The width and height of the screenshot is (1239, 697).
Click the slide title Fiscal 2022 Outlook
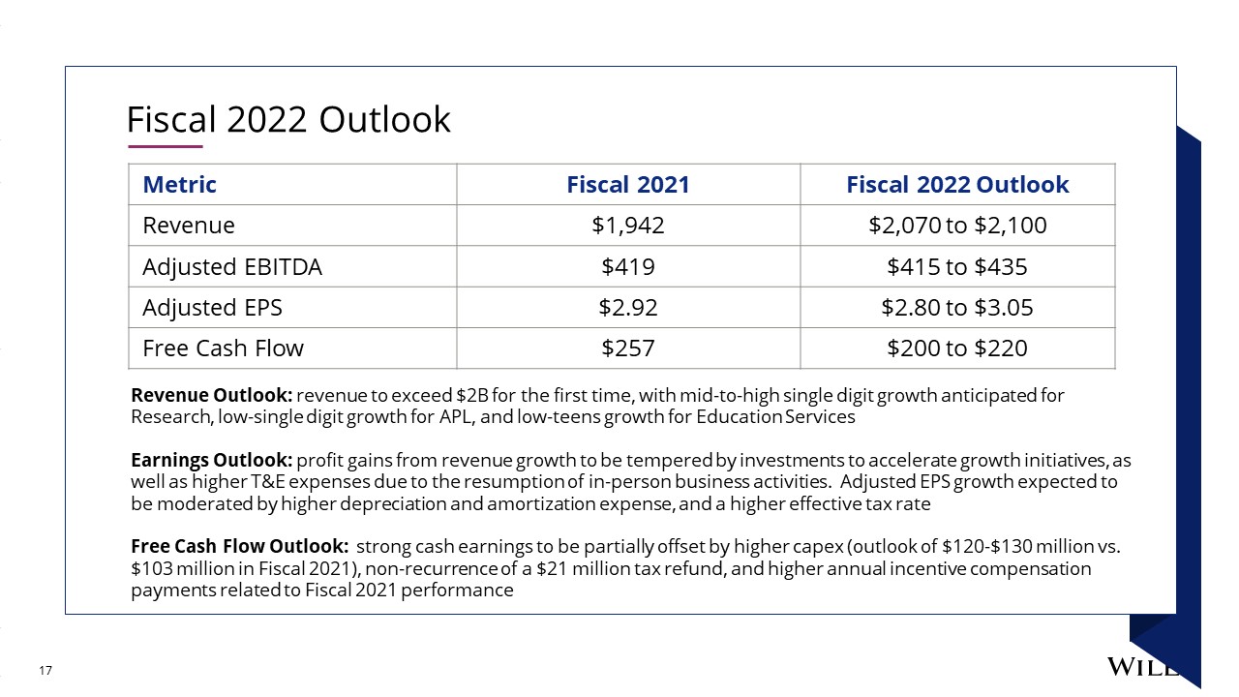tap(288, 119)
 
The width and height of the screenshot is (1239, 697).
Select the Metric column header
tap(179, 184)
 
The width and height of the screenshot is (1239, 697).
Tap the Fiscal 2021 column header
tap(628, 184)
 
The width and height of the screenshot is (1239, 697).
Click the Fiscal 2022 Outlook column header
tap(957, 184)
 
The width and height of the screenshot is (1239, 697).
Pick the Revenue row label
tap(189, 226)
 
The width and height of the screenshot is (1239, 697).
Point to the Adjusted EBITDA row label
tap(232, 266)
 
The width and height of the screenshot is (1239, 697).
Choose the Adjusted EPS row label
tap(212, 308)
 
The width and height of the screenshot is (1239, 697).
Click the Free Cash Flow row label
tap(223, 348)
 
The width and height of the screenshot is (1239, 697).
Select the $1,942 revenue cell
tap(628, 226)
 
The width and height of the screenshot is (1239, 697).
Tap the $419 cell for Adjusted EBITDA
tap(628, 266)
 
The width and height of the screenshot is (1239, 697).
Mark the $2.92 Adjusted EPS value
tap(628, 308)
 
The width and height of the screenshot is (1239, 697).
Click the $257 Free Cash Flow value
tap(628, 348)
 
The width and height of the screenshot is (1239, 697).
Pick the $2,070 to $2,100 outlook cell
tap(957, 226)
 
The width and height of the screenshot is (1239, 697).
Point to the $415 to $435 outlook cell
tap(957, 266)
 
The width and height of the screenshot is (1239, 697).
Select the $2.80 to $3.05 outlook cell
tap(957, 308)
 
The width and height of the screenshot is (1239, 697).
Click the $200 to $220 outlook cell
tap(957, 348)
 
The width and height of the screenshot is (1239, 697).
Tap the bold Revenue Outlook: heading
tap(211, 395)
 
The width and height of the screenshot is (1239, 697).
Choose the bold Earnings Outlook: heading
tap(211, 460)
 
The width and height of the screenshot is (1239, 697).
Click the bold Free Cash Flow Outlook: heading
tap(239, 546)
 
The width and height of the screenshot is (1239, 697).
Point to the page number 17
tap(45, 671)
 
